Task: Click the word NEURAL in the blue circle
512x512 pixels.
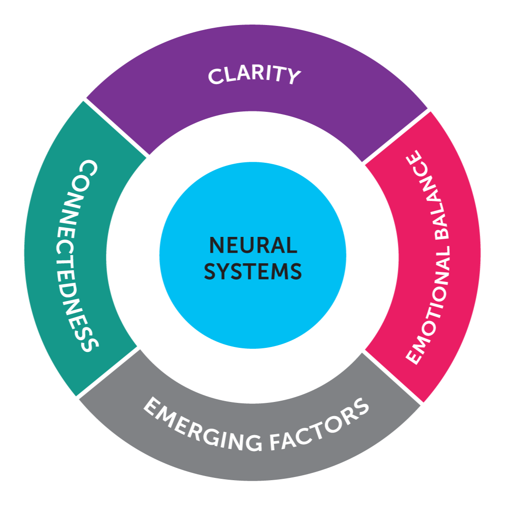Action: (253, 246)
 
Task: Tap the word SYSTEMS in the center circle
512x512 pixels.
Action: (253, 271)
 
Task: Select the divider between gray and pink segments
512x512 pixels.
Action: (393, 377)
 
